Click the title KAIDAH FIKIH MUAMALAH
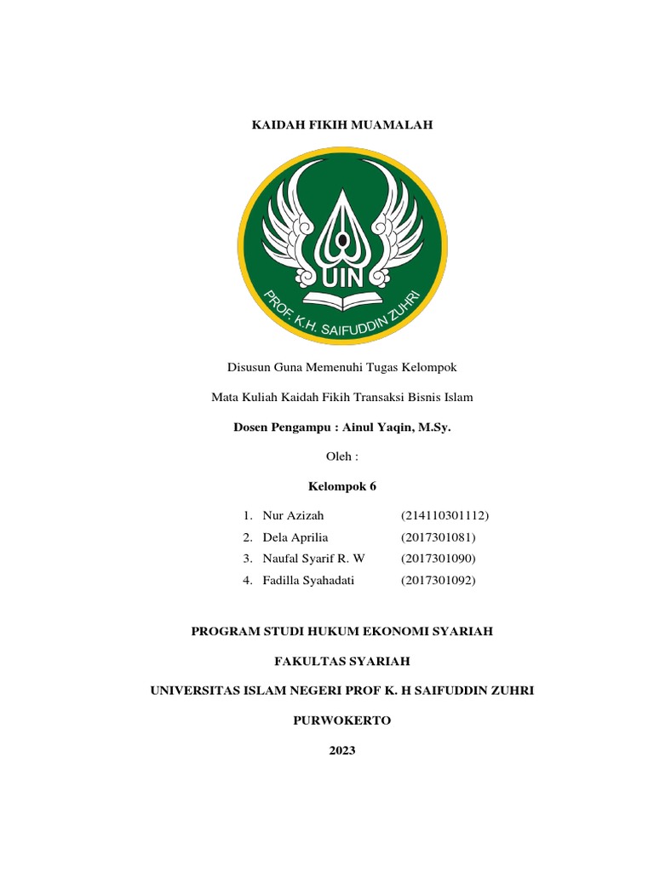pos(341,125)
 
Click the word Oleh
pos(338,456)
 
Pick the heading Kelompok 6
pos(341,486)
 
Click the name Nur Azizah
pos(294,515)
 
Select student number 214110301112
pos(445,515)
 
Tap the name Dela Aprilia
pos(295,537)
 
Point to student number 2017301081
pos(438,537)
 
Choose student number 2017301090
pos(438,559)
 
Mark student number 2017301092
pos(438,580)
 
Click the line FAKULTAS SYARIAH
pos(341,661)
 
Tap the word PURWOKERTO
pos(341,720)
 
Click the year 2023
pos(341,750)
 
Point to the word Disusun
pos(247,367)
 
